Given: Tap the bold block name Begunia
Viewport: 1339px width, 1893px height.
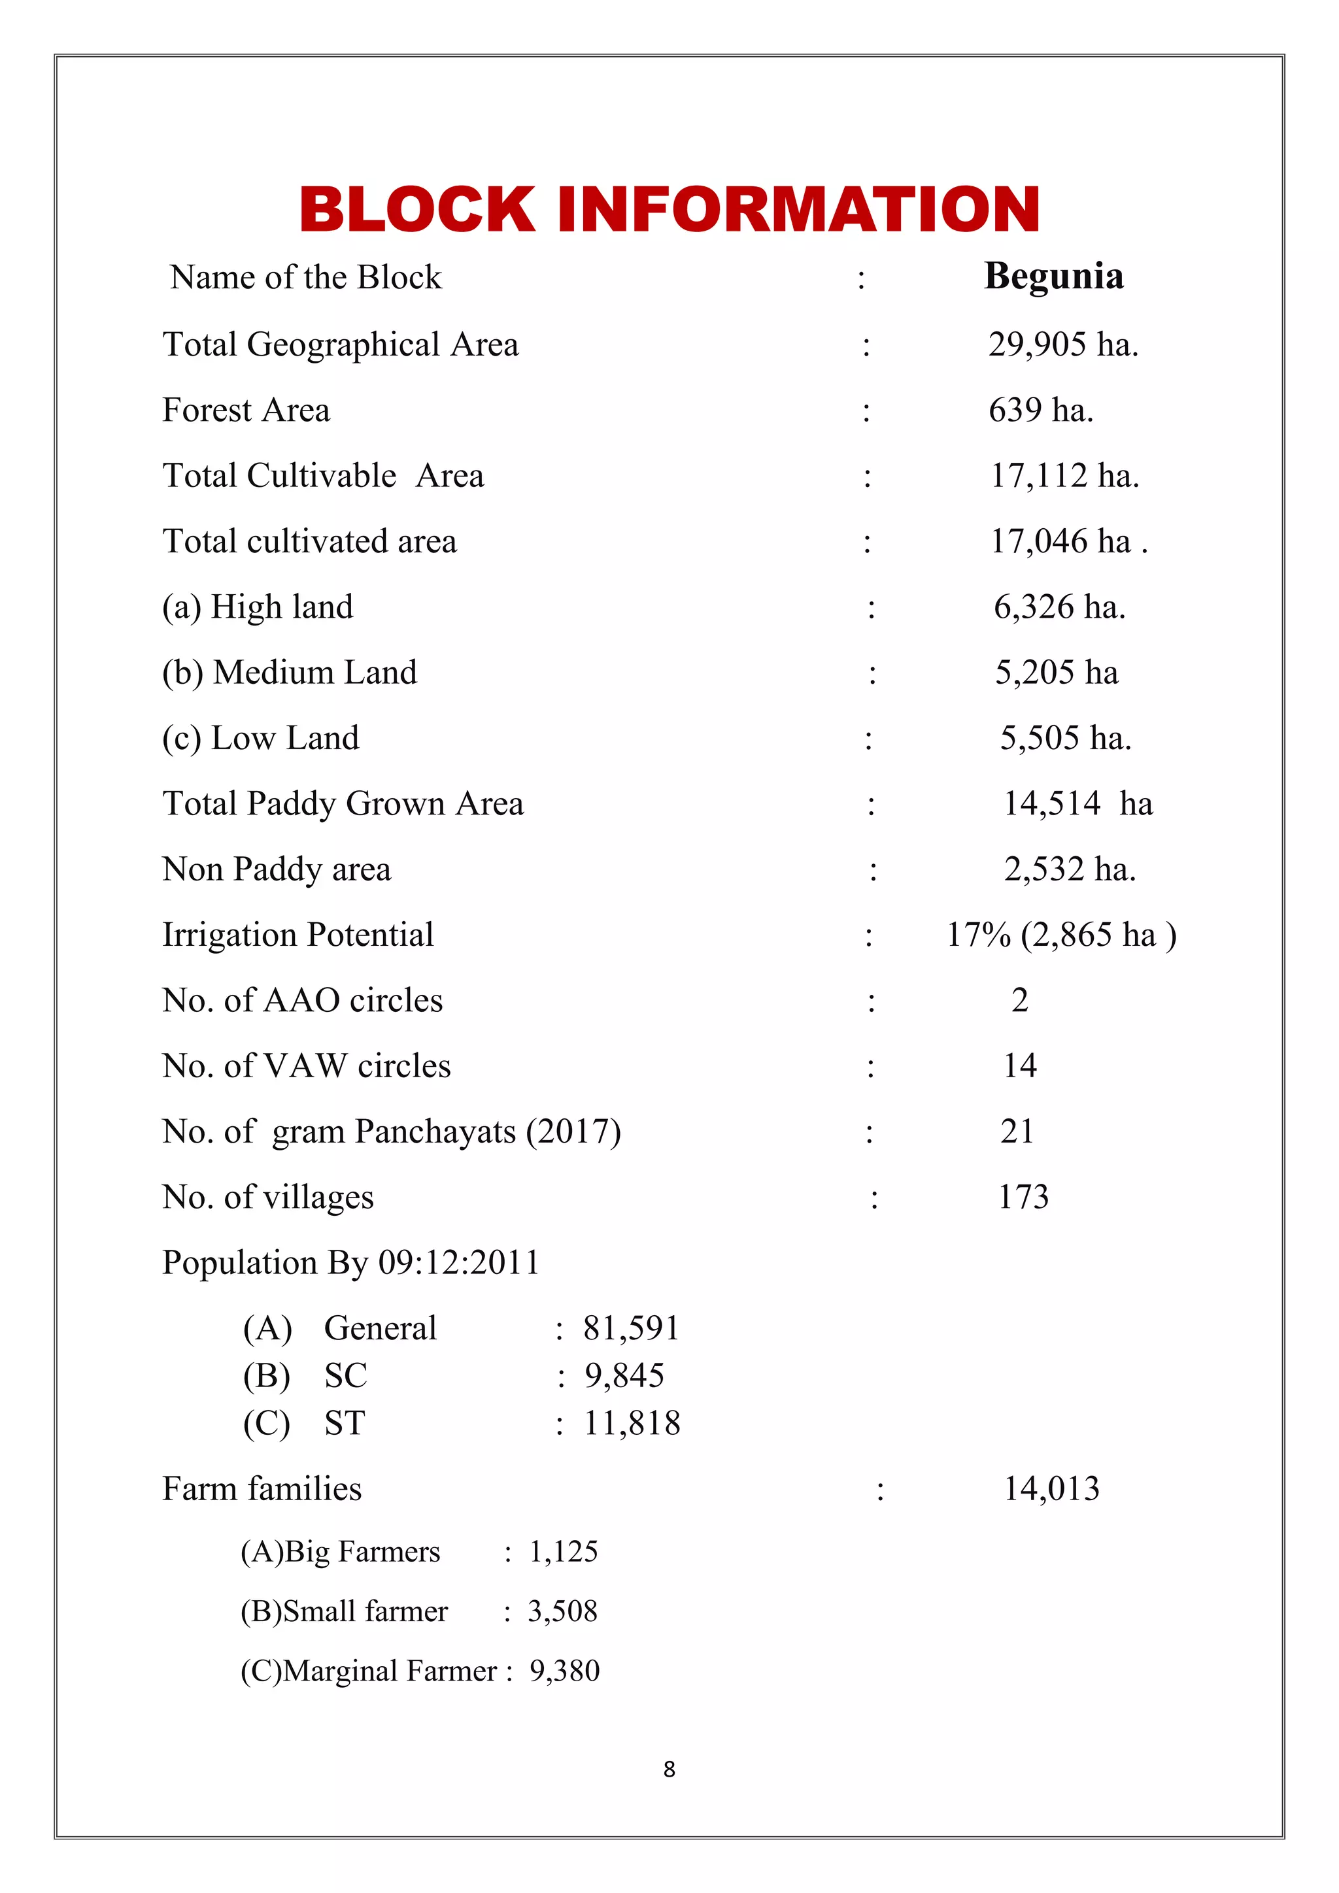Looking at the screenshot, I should tap(1054, 276).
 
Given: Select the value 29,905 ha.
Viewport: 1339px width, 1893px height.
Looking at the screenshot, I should tap(1063, 344).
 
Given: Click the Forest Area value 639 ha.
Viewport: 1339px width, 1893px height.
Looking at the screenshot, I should tap(1040, 410).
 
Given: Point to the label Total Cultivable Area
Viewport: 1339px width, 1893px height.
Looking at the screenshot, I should tap(323, 476).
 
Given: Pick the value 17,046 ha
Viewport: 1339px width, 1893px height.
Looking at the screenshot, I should tap(1068, 542).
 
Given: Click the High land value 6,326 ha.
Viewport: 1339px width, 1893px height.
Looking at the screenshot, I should tap(1059, 608).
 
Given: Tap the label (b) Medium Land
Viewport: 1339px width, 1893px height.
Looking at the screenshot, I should tap(290, 673).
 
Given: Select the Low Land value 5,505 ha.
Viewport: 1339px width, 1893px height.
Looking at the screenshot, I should tap(1065, 739).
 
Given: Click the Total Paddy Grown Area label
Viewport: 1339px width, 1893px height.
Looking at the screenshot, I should tap(343, 804).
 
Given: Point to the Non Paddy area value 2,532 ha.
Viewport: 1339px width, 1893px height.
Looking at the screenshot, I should tap(1070, 870).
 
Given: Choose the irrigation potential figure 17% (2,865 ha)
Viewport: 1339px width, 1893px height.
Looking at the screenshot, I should tap(1061, 935).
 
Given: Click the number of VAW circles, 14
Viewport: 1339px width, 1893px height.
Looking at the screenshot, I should tap(1020, 1066).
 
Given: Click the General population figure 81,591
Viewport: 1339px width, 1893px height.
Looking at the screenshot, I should tap(631, 1328).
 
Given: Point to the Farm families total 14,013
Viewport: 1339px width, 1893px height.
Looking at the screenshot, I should tap(1051, 1489).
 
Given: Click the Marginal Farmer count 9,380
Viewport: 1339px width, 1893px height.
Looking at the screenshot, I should tap(564, 1671).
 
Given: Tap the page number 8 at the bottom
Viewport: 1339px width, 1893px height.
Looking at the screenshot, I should tap(669, 1769).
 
